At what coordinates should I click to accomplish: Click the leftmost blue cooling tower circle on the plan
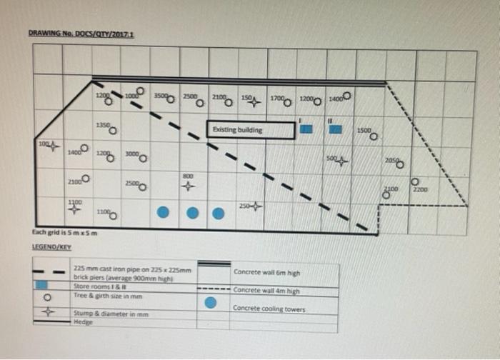(163, 212)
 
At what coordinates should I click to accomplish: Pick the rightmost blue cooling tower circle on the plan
(219, 212)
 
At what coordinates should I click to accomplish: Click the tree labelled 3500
(171, 99)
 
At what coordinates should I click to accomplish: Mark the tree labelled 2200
(414, 183)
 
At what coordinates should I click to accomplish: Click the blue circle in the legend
(211, 302)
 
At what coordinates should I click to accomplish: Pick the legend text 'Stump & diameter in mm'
(99, 314)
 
